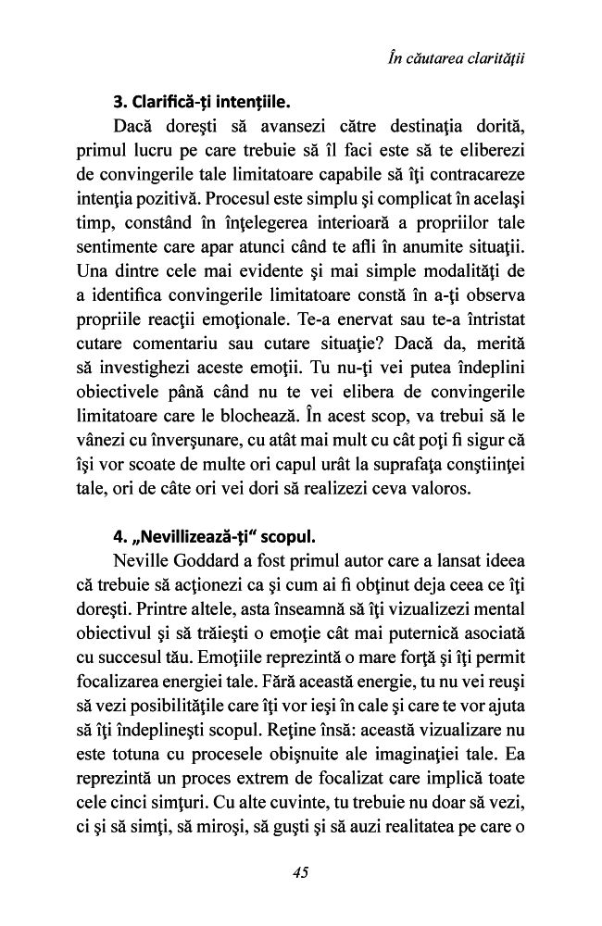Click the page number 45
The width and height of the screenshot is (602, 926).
coord(300,870)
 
